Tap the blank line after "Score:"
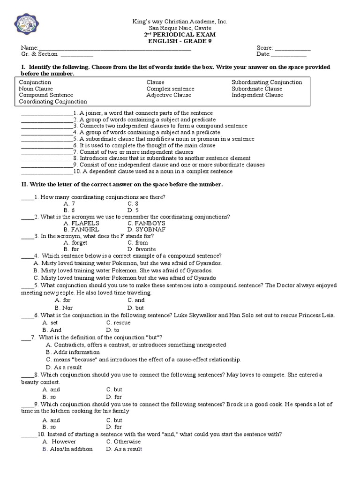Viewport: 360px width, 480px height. pyautogui.click(x=292, y=48)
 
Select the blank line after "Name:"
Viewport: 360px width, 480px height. pyautogui.click(x=114, y=48)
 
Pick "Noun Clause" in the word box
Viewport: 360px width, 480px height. pyautogui.click(x=36, y=89)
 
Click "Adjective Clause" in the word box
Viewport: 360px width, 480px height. pyautogui.click(x=169, y=95)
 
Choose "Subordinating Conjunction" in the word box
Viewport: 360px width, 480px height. pyautogui.click(x=267, y=82)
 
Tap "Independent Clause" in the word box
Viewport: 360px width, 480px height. pyautogui.click(x=257, y=95)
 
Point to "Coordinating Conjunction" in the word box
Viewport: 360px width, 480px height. pyautogui.click(x=53, y=101)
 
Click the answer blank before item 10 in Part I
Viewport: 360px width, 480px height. pyautogui.click(x=47, y=172)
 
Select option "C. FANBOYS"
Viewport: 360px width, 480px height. pyautogui.click(x=146, y=224)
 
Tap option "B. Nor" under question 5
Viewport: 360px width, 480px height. pyautogui.click(x=64, y=308)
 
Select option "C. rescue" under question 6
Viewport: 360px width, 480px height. pyautogui.click(x=119, y=323)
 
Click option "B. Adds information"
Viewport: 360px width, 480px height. pyautogui.click(x=73, y=352)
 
